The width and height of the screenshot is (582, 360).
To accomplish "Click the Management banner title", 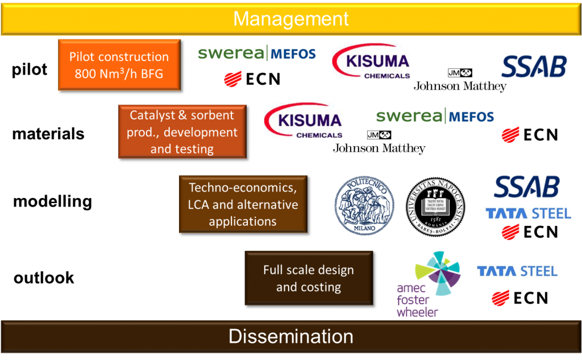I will point(291,19).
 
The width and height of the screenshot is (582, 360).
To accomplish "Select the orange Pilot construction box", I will point(119,65).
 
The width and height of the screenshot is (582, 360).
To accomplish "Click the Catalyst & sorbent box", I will point(182,132).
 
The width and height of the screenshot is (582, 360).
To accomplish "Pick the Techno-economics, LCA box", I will point(243,204).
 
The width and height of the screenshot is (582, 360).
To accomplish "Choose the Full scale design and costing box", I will point(309,278).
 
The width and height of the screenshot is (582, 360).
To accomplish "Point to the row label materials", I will point(48,134).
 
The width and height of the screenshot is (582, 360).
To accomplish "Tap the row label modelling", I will point(52,201).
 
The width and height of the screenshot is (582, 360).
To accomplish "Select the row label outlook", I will point(44,278).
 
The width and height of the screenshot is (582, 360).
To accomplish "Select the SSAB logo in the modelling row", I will point(527,187).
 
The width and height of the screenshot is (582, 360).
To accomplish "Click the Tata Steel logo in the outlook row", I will point(517,271).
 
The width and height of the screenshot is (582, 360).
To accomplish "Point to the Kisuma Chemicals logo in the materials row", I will point(304,122).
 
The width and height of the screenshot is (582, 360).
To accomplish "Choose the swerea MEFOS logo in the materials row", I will point(435,117).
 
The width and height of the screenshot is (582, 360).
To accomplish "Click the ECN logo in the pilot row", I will point(252,78).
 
